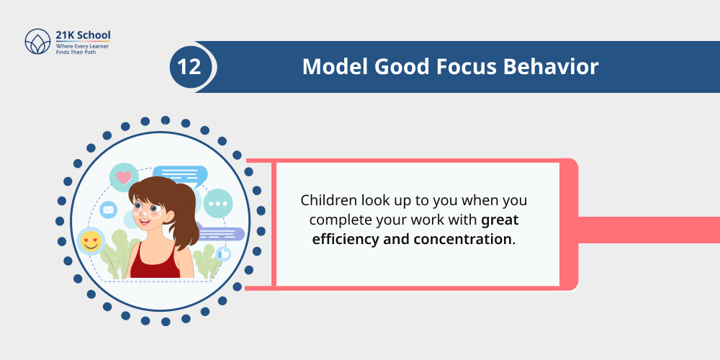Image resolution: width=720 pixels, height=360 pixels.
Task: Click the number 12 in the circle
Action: (189, 67)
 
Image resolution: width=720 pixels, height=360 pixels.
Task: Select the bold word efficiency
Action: (351, 238)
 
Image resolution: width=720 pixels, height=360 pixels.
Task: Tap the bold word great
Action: (500, 219)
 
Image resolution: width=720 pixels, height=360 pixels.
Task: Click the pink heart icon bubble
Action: (124, 177)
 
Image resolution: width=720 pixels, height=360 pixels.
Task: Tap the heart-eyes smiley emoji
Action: (91, 241)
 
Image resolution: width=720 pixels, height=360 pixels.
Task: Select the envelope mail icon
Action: (108, 210)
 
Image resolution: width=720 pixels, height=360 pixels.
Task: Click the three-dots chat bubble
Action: (217, 204)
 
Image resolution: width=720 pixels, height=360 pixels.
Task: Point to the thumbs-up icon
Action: (222, 253)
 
